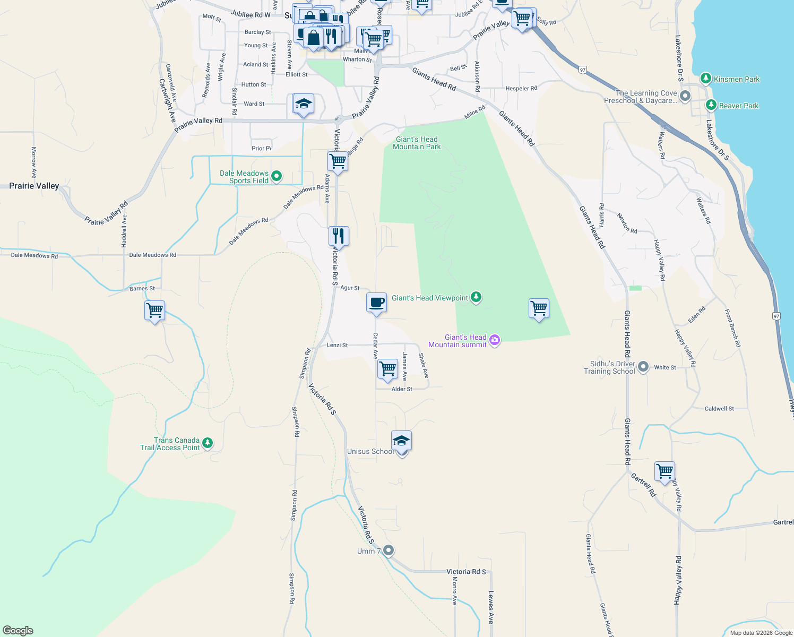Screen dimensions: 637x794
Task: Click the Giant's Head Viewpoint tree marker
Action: pyautogui.click(x=476, y=297)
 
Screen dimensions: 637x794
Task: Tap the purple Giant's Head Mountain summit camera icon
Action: pyautogui.click(x=495, y=340)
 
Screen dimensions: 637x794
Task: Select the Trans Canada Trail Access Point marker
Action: pyautogui.click(x=208, y=443)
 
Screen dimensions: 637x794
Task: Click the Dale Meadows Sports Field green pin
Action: pyautogui.click(x=276, y=176)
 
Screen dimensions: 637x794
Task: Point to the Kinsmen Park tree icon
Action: pyautogui.click(x=705, y=79)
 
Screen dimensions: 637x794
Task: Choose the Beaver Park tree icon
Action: pyautogui.click(x=711, y=105)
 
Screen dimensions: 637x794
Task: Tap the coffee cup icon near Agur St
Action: pyautogui.click(x=376, y=303)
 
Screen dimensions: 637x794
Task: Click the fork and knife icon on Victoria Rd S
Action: pyautogui.click(x=338, y=235)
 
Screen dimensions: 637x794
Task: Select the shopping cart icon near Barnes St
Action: pyautogui.click(x=154, y=310)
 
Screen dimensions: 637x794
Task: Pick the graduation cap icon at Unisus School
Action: pyautogui.click(x=401, y=441)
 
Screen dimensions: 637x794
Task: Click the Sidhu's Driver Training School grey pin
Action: pyautogui.click(x=643, y=367)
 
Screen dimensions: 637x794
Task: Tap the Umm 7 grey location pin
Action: pyautogui.click(x=389, y=550)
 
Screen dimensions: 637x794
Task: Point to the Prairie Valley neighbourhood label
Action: pyautogui.click(x=34, y=186)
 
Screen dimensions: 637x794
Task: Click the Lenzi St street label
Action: pyautogui.click(x=337, y=345)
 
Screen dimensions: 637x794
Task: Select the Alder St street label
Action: pyautogui.click(x=402, y=389)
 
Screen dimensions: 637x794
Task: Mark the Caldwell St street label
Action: pyautogui.click(x=719, y=409)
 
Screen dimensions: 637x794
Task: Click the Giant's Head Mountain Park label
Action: pyautogui.click(x=417, y=143)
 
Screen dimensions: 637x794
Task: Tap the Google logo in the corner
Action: pyautogui.click(x=18, y=631)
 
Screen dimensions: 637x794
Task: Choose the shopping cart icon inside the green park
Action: pyautogui.click(x=539, y=308)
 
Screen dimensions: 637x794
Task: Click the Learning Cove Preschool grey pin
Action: pyautogui.click(x=685, y=97)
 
